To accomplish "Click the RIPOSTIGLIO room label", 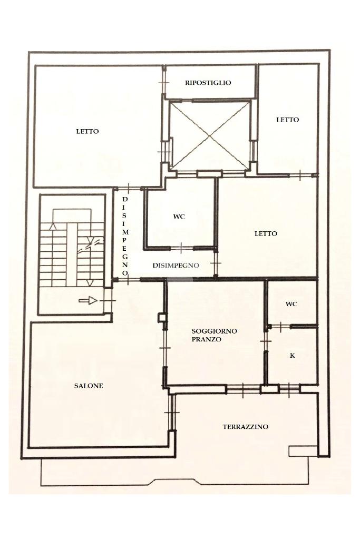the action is [x=208, y=83].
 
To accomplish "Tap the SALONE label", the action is [x=89, y=386].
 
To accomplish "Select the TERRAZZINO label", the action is [x=245, y=427].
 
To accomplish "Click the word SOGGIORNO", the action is [x=215, y=331].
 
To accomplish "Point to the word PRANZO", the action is [x=206, y=339].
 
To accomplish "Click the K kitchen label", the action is [x=292, y=356].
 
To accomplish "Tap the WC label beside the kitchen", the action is [x=291, y=304].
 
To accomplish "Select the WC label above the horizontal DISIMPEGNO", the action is [x=179, y=217].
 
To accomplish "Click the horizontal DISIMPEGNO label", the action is [x=176, y=266].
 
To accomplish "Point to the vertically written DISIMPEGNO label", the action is [x=125, y=236].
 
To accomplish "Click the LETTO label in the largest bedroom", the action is [x=87, y=131].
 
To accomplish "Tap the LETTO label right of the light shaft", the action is [x=288, y=120].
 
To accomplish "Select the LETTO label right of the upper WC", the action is [x=266, y=233].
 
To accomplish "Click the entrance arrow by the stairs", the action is [x=89, y=301].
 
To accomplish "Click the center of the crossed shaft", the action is [x=210, y=136].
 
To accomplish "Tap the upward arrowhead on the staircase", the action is [x=53, y=227].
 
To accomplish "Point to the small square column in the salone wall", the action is [x=162, y=318].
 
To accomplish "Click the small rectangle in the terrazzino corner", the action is [x=303, y=451].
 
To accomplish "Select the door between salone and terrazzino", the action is [x=172, y=413].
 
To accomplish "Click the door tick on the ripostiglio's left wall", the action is [x=164, y=83].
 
